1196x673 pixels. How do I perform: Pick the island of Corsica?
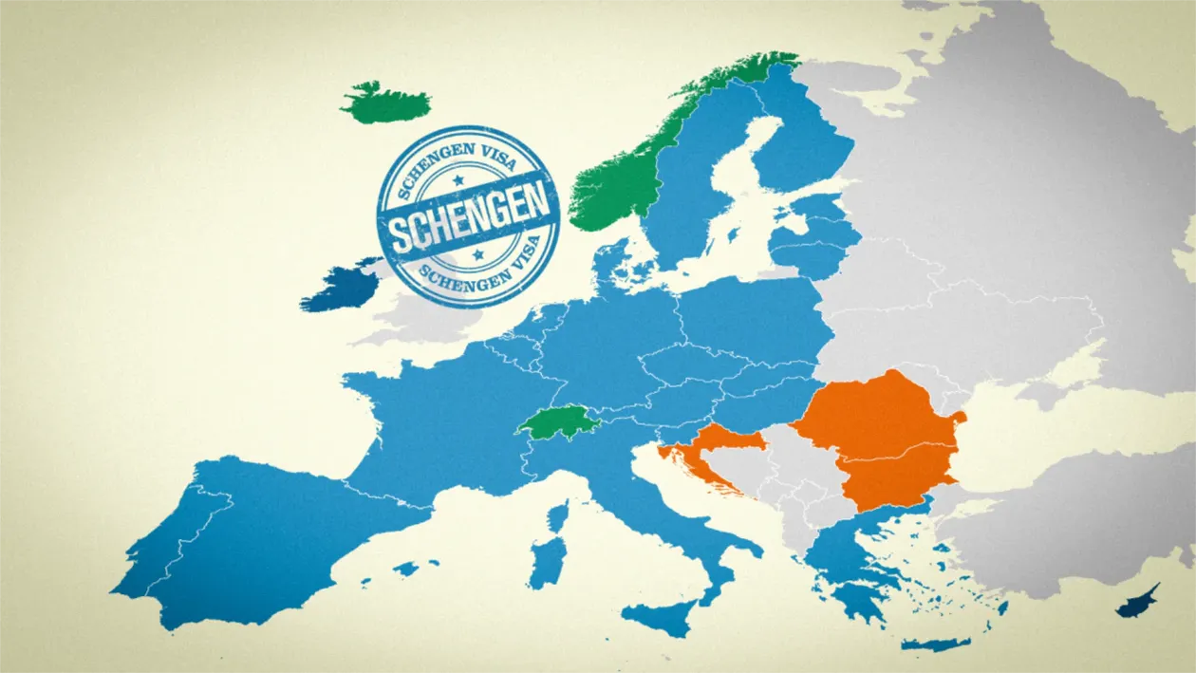(x=558, y=517)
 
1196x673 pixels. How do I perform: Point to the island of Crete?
(x=935, y=645)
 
